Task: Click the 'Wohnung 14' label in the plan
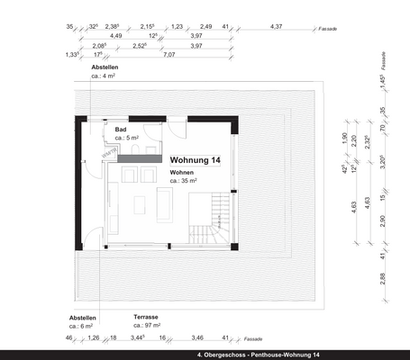click(196, 159)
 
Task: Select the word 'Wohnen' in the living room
click(183, 171)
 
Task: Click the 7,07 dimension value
click(169, 55)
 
